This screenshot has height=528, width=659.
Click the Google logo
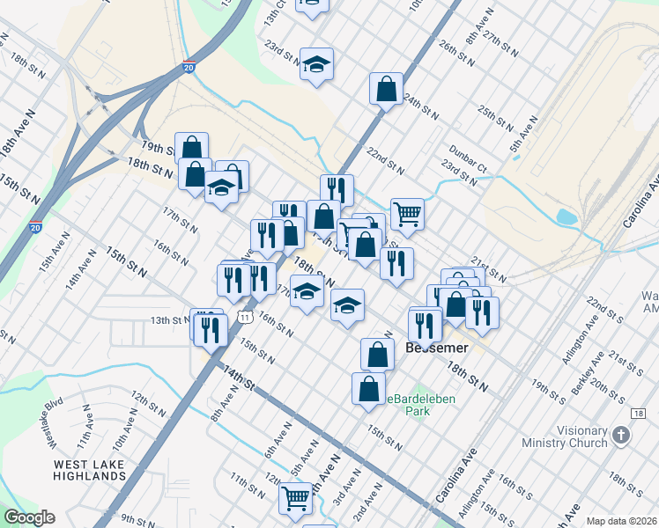tap(29, 517)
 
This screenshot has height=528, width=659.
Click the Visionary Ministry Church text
tap(565, 436)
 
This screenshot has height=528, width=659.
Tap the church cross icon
tap(621, 435)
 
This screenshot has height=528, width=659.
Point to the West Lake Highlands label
tap(89, 470)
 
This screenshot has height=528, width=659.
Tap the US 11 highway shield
tap(244, 316)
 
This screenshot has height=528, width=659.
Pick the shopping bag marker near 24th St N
tap(386, 88)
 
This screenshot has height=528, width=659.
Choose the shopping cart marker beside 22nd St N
tap(407, 212)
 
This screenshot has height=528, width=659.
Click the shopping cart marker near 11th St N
tap(295, 498)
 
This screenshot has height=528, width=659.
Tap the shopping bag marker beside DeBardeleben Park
tap(368, 387)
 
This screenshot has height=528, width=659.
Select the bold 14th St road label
tap(238, 381)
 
